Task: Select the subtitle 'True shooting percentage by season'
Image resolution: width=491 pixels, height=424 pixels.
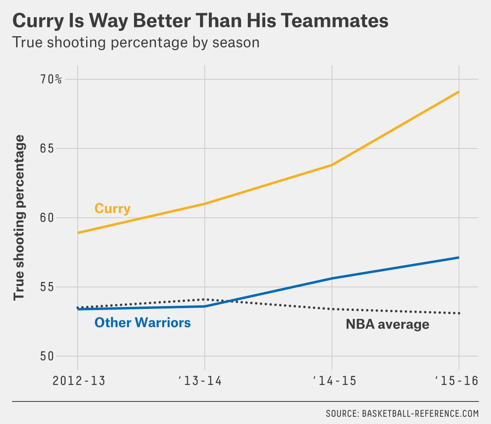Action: tap(136, 42)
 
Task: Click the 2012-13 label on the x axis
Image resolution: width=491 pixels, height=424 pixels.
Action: tap(79, 381)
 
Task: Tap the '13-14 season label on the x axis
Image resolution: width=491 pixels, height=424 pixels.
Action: tap(200, 381)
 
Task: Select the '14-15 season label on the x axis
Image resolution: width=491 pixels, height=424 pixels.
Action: tap(335, 381)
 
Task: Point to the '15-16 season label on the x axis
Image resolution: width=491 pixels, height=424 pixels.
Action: tap(456, 381)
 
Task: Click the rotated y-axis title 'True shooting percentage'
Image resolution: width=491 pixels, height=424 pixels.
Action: tap(19, 218)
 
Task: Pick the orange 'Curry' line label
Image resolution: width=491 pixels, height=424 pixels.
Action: tap(112, 208)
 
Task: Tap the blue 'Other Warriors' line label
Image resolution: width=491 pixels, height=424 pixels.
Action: tap(142, 322)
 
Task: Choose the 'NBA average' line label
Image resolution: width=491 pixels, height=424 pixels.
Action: tap(387, 324)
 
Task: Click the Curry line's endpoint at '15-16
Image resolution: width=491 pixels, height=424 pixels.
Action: tap(458, 92)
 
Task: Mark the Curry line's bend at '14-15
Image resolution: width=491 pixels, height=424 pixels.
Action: tap(332, 165)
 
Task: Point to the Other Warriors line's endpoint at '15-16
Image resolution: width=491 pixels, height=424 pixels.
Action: tap(458, 257)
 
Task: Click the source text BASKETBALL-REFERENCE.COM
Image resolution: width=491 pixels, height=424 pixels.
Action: tap(420, 414)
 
